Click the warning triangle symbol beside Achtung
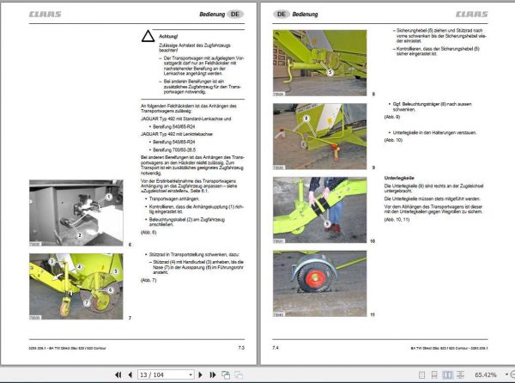[148, 36]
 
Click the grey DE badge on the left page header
[235, 15]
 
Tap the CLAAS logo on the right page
[470, 15]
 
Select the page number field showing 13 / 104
[164, 374]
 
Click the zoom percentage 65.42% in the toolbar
[486, 374]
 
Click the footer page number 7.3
[241, 347]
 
